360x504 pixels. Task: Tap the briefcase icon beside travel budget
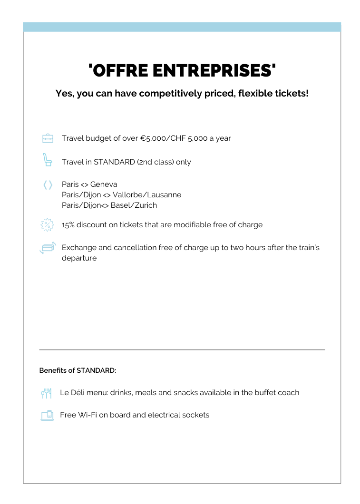coord(48,138)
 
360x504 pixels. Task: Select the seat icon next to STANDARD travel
coord(47,160)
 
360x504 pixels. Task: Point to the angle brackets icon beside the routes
coord(48,185)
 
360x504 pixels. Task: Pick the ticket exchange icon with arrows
coord(48,248)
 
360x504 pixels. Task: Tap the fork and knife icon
coord(46,393)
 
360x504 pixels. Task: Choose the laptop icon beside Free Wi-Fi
coord(47,416)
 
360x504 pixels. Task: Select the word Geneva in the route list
coord(104,184)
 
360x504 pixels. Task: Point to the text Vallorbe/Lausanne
coord(147,195)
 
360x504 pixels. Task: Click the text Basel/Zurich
coord(134,205)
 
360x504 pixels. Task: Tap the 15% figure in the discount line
coord(68,224)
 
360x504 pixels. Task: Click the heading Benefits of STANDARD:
coord(78,370)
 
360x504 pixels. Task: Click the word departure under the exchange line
coord(79,258)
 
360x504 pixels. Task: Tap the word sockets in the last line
coord(195,415)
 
